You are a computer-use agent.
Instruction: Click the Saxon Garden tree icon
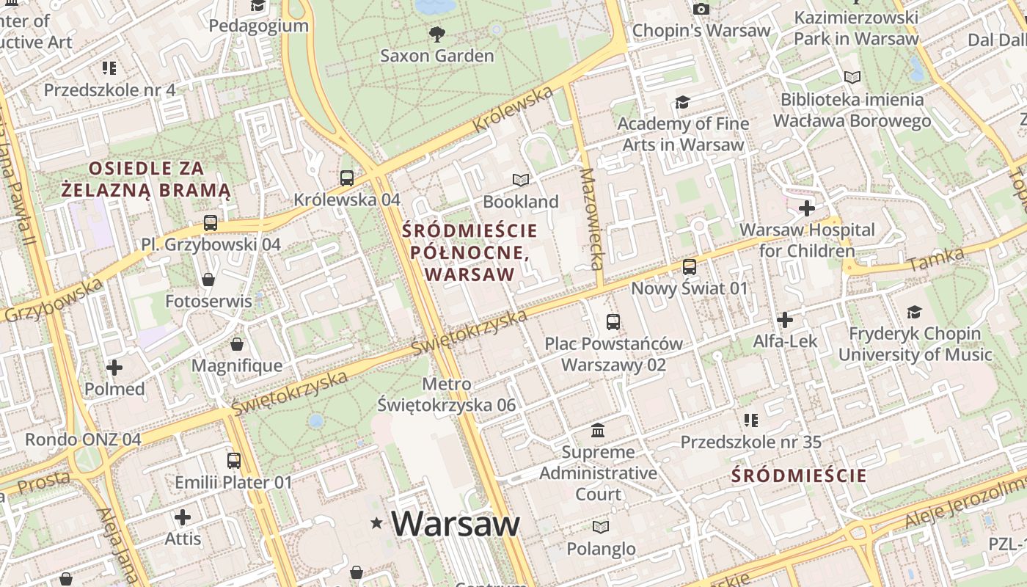tap(437, 33)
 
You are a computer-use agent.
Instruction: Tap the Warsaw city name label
tap(455, 523)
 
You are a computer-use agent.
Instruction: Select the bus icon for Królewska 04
tap(347, 178)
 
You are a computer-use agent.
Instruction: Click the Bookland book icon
tap(521, 180)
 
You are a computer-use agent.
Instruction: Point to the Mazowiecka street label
tap(591, 219)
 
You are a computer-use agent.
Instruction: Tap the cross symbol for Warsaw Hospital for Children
tap(807, 208)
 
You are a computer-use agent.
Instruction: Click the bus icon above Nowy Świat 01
tap(690, 266)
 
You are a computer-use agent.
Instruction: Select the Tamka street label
tap(935, 259)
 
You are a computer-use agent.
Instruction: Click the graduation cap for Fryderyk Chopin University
tap(914, 313)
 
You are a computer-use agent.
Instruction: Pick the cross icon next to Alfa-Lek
tap(785, 320)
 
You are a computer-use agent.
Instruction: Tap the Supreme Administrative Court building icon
tap(598, 430)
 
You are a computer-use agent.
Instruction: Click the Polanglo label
tap(601, 548)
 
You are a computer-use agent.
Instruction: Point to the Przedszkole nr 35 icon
tap(750, 420)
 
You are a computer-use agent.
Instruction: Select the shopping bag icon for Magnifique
tap(237, 344)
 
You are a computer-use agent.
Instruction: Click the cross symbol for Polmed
tap(114, 367)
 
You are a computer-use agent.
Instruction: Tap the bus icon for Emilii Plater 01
tap(233, 461)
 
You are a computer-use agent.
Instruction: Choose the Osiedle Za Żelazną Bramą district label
tap(146, 180)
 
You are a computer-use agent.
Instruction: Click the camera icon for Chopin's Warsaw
tap(701, 9)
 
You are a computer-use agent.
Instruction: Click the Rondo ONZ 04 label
tap(83, 440)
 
